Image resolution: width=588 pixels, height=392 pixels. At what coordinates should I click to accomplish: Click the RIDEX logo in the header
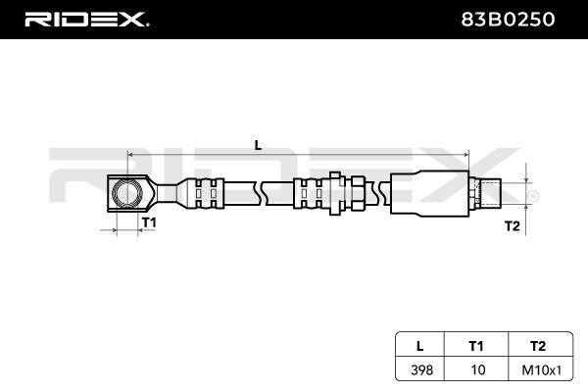(x=85, y=20)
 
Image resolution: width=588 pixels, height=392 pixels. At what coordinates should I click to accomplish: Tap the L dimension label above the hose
(x=258, y=145)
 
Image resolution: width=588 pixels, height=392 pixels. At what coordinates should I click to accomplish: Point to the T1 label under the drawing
(x=149, y=223)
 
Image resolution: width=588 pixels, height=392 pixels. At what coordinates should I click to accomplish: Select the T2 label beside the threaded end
(x=511, y=226)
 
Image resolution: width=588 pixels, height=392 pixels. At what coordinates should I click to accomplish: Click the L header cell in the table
(x=419, y=345)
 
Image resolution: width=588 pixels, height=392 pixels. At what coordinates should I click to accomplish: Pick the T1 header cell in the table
(x=476, y=345)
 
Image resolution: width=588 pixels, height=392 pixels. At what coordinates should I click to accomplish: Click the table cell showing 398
(x=419, y=369)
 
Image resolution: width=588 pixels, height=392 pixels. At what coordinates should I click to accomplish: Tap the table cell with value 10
(x=476, y=369)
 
